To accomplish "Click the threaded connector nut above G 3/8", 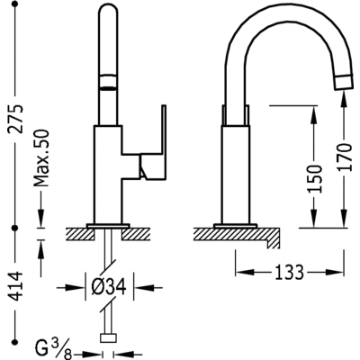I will point(110,338).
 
